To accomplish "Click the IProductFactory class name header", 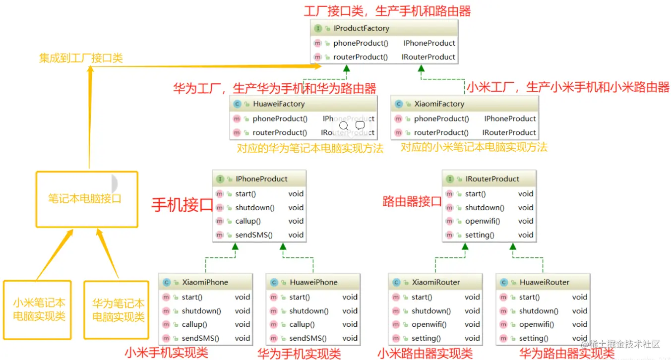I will (x=361, y=28).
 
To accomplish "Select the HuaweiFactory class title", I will (x=278, y=104).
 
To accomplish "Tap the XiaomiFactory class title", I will (x=439, y=104).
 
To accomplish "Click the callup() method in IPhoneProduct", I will (x=247, y=221).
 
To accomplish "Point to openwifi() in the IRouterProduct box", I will (x=482, y=221).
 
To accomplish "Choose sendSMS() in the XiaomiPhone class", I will (x=196, y=338).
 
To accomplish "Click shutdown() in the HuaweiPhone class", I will (x=308, y=311).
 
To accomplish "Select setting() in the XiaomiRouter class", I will (x=426, y=338).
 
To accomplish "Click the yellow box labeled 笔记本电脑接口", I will (x=87, y=199).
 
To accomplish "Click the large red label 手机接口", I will (x=182, y=204).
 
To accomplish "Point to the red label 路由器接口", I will (x=412, y=201).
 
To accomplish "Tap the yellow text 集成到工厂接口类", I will (x=81, y=58).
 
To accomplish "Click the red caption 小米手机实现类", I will (x=166, y=353).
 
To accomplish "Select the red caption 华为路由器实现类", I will (x=566, y=353).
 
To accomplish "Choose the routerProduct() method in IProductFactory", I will (x=360, y=57).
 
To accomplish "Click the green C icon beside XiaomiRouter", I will (x=396, y=282).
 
